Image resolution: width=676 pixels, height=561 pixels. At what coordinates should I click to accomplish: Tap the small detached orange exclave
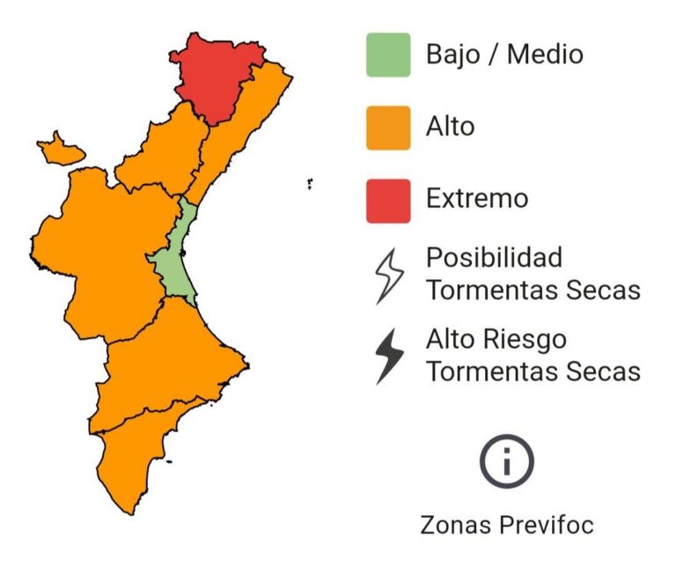coord(60,150)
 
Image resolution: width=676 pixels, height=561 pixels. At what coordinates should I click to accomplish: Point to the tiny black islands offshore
coord(311,184)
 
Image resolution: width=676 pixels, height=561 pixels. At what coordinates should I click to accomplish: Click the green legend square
coord(388,55)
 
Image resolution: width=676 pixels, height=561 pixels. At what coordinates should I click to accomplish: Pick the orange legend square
coord(388,128)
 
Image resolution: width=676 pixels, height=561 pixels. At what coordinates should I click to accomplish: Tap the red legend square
coord(388,200)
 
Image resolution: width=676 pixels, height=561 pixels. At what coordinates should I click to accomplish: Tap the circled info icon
coord(507,461)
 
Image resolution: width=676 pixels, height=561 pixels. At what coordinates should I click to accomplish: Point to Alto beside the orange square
coord(450,127)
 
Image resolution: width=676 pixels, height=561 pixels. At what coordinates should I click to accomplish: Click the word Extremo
coord(477,198)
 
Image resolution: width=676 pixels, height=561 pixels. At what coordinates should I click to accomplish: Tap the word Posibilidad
coord(494,258)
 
